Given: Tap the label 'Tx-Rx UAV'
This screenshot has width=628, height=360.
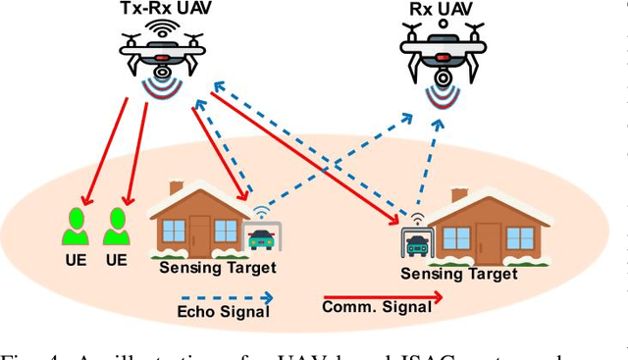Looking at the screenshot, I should tap(163, 10).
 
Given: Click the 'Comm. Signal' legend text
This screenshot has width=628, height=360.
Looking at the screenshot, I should tap(377, 307).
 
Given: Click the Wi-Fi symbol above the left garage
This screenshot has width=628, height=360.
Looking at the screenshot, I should tap(261, 211).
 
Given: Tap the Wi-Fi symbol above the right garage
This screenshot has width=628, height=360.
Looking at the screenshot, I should tap(416, 218).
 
